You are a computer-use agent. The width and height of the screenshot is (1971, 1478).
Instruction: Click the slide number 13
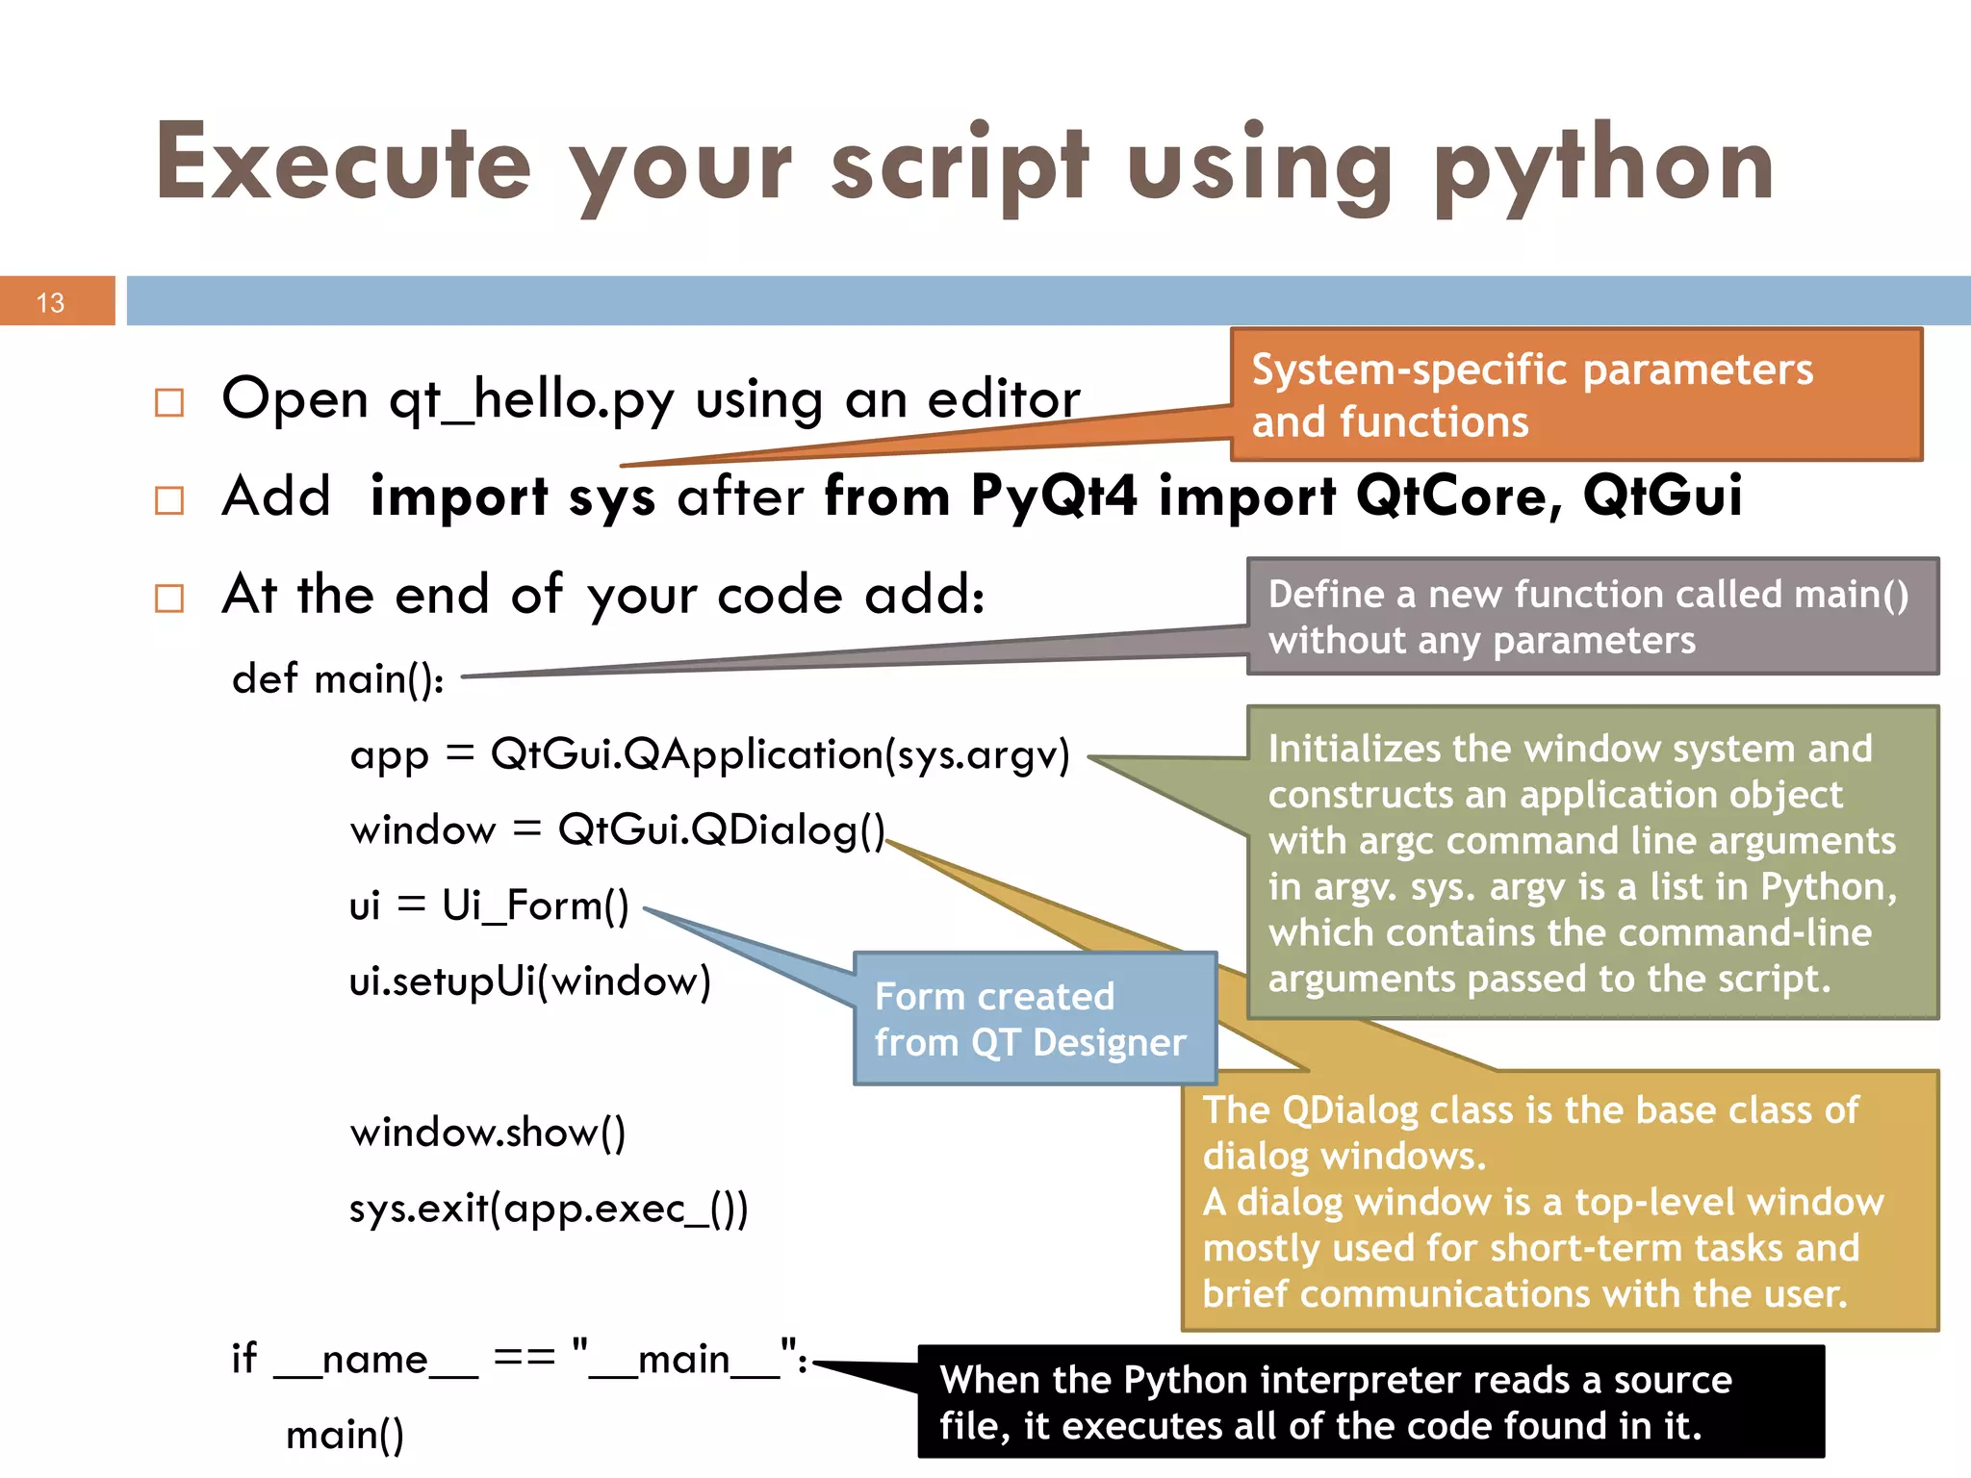[50, 303]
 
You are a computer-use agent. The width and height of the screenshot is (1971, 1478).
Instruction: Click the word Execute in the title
[344, 164]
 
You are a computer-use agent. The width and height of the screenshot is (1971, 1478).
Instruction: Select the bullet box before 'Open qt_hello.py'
[169, 402]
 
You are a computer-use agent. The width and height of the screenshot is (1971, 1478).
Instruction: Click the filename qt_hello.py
[531, 400]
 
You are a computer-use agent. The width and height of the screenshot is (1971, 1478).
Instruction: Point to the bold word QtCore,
[1459, 497]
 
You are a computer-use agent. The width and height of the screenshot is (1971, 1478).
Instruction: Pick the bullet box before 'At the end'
[169, 599]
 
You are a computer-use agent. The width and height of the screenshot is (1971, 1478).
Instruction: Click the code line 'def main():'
[338, 678]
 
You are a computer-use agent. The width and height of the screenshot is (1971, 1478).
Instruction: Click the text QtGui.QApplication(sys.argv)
[780, 754]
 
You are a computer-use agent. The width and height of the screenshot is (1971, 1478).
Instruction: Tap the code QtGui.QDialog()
[721, 829]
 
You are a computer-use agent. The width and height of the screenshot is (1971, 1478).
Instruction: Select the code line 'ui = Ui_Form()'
[489, 905]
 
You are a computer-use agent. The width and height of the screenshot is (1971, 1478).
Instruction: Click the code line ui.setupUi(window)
[530, 981]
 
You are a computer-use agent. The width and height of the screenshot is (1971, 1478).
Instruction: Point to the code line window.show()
[488, 1133]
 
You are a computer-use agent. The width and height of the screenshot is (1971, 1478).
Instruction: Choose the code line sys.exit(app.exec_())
[549, 1209]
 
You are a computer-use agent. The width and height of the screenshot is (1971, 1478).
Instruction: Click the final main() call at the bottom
[345, 1435]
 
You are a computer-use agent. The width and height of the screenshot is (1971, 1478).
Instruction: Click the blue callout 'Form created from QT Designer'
[1035, 1018]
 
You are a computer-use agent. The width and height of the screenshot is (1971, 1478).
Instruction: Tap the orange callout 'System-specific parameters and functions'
[1575, 395]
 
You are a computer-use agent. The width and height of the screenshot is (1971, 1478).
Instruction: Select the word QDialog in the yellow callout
[1350, 1109]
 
